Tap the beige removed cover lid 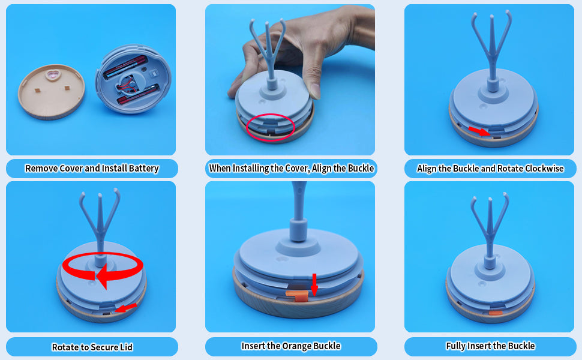pyautogui.click(x=52, y=92)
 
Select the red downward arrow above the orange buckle pyautogui.click(x=314, y=284)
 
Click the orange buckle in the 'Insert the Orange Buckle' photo pyautogui.click(x=297, y=295)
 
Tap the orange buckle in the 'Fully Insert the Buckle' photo pyautogui.click(x=496, y=313)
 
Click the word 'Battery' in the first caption pyautogui.click(x=143, y=169)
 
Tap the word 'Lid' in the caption pyautogui.click(x=126, y=347)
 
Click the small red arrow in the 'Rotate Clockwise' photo pyautogui.click(x=479, y=131)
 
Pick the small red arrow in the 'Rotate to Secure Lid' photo pyautogui.click(x=126, y=308)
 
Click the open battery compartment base pyautogui.click(x=133, y=79)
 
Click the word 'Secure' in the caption pyautogui.click(x=104, y=347)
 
